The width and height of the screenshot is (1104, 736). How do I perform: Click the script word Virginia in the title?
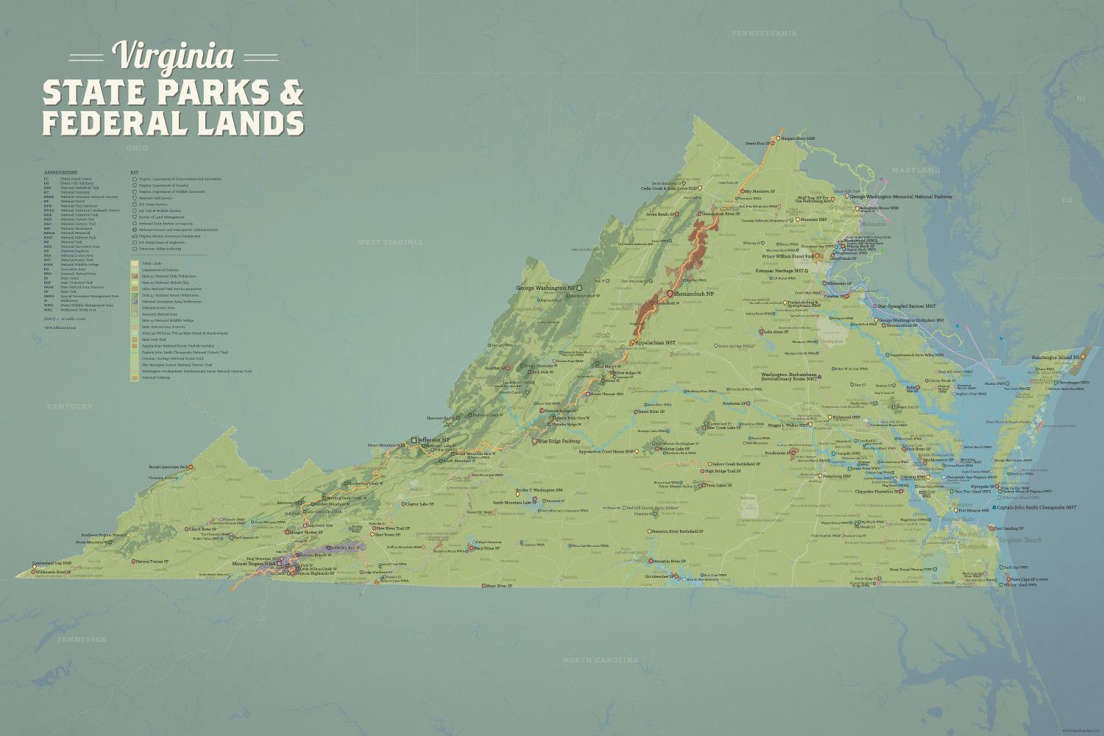pos(173,56)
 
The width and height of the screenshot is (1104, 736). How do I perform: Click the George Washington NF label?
pos(545,288)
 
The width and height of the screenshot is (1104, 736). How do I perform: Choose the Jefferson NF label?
pos(434,440)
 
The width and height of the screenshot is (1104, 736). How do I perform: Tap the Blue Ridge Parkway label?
pos(559,442)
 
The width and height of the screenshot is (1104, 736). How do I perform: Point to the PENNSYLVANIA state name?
pos(764,33)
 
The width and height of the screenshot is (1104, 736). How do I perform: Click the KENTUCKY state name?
pos(70,406)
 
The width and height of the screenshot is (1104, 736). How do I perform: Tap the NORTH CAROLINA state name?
pos(601,660)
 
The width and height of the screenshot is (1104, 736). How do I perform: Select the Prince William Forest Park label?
pos(788,257)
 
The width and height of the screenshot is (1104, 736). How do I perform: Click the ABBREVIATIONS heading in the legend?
pos(60,172)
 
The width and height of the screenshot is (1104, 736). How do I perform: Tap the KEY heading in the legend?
pos(135,172)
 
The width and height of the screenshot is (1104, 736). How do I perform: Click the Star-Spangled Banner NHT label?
pos(906,305)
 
